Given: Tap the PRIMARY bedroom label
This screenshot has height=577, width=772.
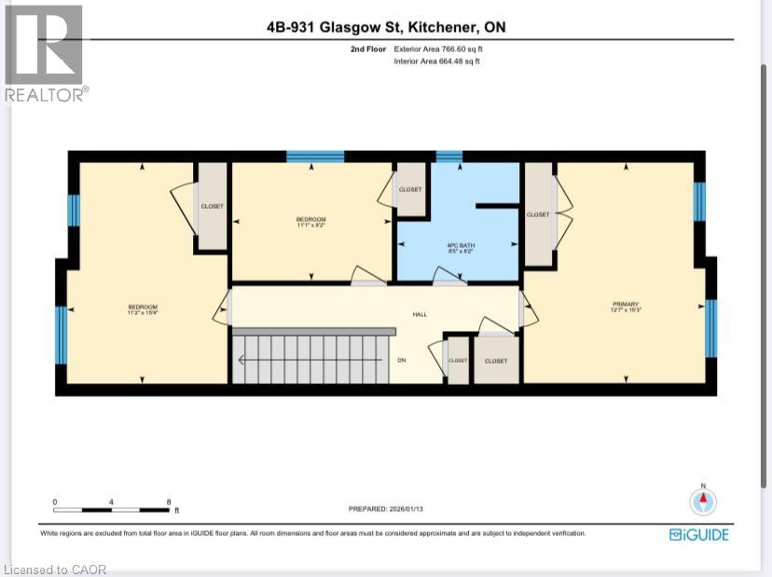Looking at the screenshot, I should coord(625,303).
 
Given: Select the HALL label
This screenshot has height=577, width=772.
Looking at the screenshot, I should coord(420,314).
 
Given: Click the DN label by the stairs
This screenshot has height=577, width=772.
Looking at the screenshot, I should coord(402,360).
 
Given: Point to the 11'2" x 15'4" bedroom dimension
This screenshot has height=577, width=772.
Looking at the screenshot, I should coord(143,314).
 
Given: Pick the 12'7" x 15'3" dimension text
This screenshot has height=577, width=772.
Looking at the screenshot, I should coord(625,309).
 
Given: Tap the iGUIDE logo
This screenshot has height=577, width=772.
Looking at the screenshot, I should coord(698,534).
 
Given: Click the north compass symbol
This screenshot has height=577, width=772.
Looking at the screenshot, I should coord(703,501).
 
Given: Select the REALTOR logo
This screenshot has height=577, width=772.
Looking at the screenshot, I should coord(44,53).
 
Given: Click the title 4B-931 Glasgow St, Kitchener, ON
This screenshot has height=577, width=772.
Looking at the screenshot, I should coord(385,28).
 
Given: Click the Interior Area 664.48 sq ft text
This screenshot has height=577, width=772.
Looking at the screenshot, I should coord(436,62).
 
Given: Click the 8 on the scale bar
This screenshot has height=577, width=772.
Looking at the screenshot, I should coord(169,502).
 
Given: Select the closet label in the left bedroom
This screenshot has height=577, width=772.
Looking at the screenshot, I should coord(212,206).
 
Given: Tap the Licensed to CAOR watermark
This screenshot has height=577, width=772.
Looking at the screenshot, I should coord(56,569).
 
